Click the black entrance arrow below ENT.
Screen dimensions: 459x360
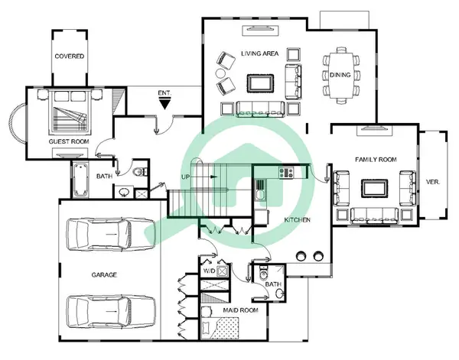pyautogui.click(x=164, y=103)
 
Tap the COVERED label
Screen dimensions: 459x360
pyautogui.click(x=70, y=56)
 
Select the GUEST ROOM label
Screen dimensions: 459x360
pyautogui.click(x=69, y=141)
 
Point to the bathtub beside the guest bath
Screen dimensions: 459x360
pyautogui.click(x=80, y=180)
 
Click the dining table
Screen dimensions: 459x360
pyautogui.click(x=340, y=75)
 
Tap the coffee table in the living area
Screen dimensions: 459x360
pyautogui.click(x=260, y=83)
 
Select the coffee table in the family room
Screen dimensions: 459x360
pyautogui.click(x=375, y=188)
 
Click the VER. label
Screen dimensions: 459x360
pyautogui.click(x=433, y=182)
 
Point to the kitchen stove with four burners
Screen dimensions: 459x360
pyautogui.click(x=286, y=172)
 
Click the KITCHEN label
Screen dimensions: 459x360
pyautogui.click(x=297, y=220)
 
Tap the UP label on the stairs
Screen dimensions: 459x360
pyautogui.click(x=186, y=177)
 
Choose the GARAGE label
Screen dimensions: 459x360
pyautogui.click(x=104, y=275)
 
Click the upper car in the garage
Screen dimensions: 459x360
pyautogui.click(x=111, y=234)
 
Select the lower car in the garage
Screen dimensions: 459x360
pyautogui.click(x=111, y=312)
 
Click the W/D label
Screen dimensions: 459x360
pyautogui.click(x=209, y=271)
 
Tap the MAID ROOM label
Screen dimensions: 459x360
pyautogui.click(x=241, y=310)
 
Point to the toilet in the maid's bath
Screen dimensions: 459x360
pyautogui.click(x=263, y=273)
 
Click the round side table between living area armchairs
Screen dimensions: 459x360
pyautogui.click(x=220, y=73)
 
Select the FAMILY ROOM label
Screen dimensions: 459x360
pyautogui.click(x=376, y=160)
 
